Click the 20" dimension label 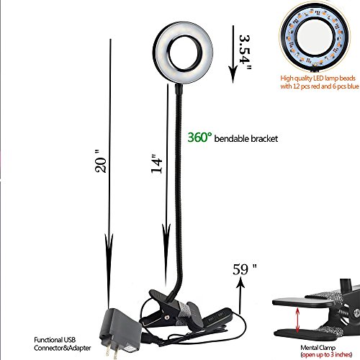[101, 161]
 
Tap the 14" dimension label [157, 163]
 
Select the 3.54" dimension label [245, 53]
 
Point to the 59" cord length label [245, 269]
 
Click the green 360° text [200, 138]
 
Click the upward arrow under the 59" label [240, 297]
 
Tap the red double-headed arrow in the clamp [298, 320]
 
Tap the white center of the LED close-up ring [315, 37]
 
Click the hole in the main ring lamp [184, 53]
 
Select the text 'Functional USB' [55, 340]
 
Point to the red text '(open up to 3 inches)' [326, 354]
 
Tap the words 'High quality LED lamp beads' [318, 78]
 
